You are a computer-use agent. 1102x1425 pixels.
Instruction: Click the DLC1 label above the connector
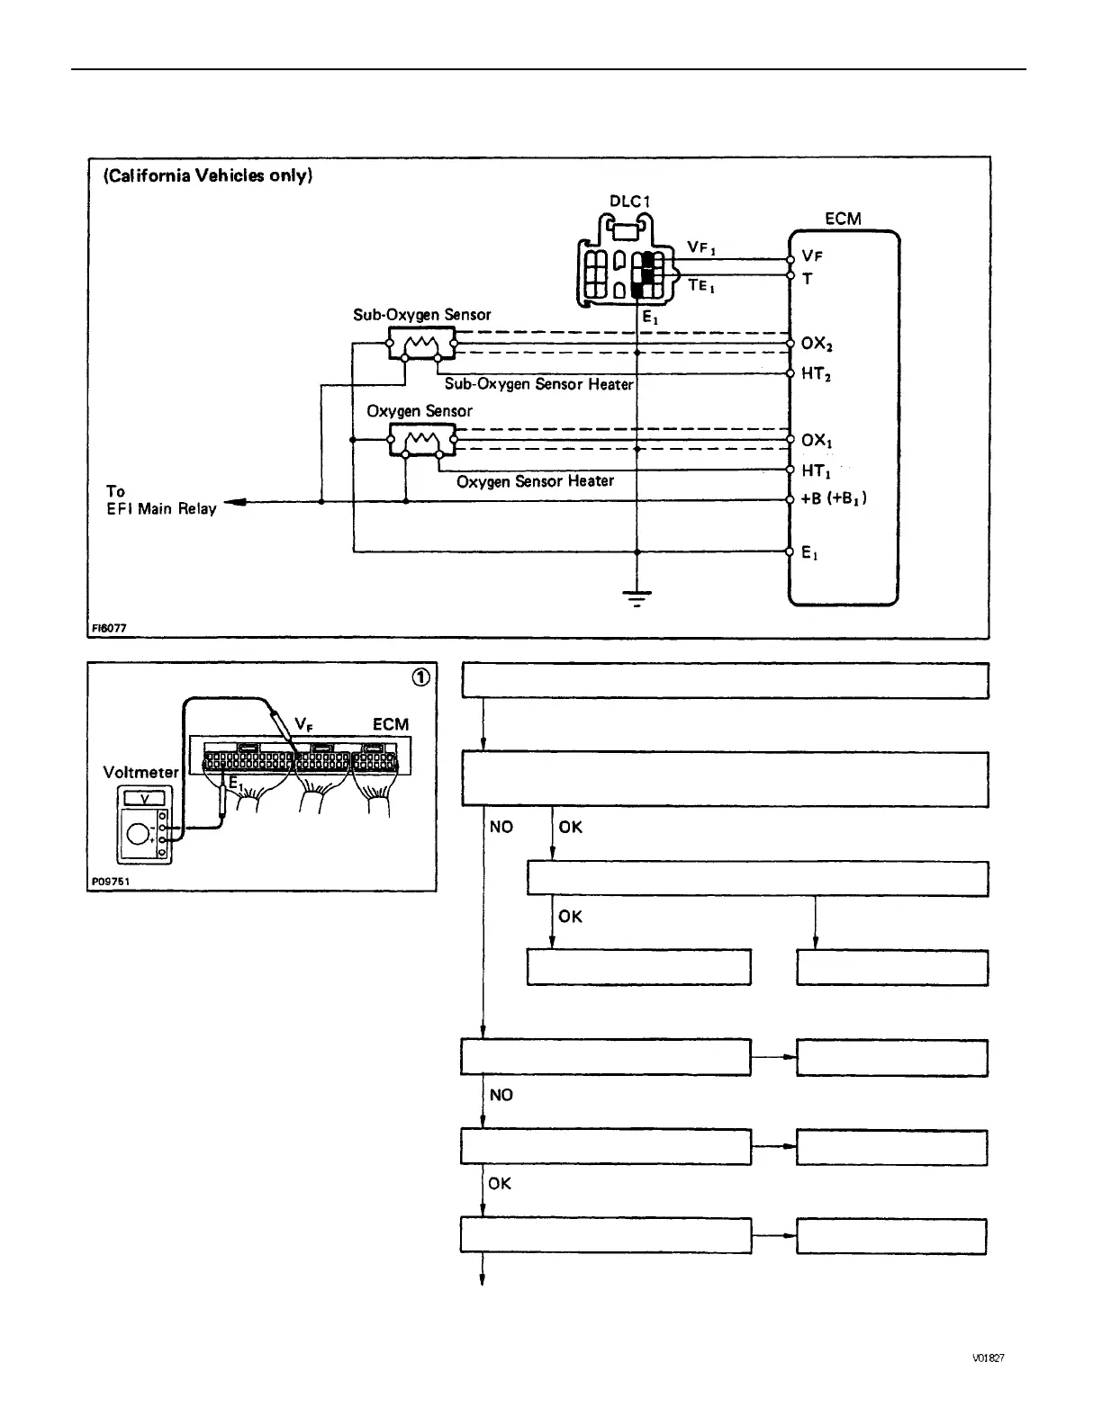pos(629,202)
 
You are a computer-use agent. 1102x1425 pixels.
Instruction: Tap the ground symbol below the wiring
pos(637,598)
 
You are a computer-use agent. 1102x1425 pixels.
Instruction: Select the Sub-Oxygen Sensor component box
pos(422,343)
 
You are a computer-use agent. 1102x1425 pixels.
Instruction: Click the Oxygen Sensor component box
pos(422,440)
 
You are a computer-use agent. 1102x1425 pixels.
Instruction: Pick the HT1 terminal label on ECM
pos(816,471)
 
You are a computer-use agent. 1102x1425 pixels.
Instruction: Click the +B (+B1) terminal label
pos(833,498)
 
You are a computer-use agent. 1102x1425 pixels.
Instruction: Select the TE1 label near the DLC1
pos(701,286)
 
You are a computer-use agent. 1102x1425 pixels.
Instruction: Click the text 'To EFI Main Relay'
pos(160,500)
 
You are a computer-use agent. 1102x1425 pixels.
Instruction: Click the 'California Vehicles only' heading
pos(208,175)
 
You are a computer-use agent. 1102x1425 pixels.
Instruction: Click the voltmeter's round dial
pos(139,834)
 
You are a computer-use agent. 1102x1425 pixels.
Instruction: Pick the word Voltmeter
pos(141,772)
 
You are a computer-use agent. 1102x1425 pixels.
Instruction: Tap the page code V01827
pos(988,1358)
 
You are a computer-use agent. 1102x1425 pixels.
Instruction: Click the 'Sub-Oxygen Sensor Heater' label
pos(538,384)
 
